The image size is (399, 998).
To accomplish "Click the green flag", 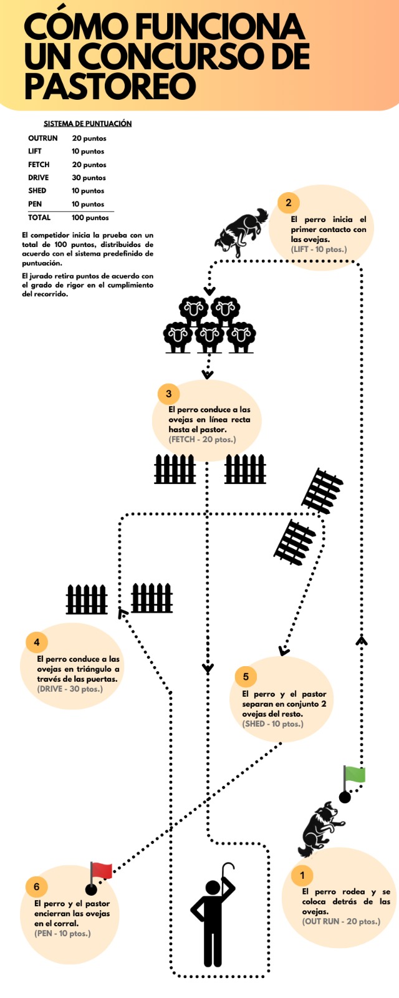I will [x=355, y=775].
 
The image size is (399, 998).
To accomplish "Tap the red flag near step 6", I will [x=101, y=871].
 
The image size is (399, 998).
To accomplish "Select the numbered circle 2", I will [x=289, y=202].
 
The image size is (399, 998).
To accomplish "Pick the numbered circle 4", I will [x=37, y=642].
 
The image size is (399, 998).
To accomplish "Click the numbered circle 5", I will [x=246, y=676].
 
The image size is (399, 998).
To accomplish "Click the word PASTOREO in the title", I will [x=110, y=85].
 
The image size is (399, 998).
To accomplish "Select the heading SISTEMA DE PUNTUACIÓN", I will [x=87, y=124].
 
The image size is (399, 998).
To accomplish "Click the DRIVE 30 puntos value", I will [x=89, y=178].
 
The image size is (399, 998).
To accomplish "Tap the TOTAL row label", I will [x=39, y=218].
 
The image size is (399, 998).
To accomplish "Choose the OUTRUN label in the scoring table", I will [x=42, y=138].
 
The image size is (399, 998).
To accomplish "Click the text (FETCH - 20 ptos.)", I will [x=202, y=439].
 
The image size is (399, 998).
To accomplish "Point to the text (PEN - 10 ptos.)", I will [x=62, y=933].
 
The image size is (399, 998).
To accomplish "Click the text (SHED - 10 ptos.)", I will [x=272, y=724].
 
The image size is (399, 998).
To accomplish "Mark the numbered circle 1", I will [x=302, y=875].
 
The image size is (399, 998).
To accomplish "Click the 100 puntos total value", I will [x=90, y=218].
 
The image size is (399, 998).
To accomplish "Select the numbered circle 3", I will [x=168, y=394].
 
